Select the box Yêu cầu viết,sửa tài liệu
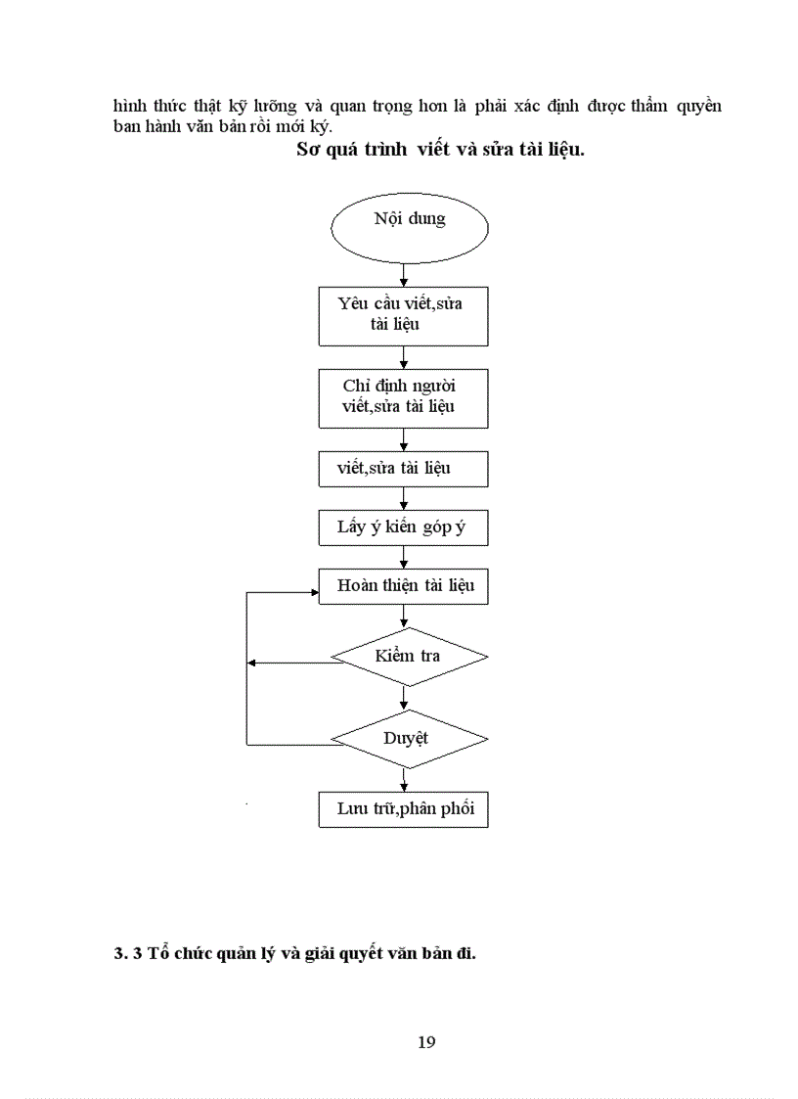coord(403,315)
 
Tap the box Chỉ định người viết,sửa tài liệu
coord(403,396)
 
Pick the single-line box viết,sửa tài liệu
coord(403,469)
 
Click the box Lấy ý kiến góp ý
coord(403,527)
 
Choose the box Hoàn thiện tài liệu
coord(403,586)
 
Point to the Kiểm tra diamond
coord(409,656)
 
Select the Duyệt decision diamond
coord(409,737)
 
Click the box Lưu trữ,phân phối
coord(403,810)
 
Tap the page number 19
coord(426,1041)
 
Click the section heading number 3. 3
coord(128,954)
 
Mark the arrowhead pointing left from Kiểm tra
coord(253,664)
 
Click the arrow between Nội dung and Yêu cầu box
coord(404,275)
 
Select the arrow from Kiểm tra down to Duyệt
coord(404,697)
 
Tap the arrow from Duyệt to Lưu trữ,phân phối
coord(404,780)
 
